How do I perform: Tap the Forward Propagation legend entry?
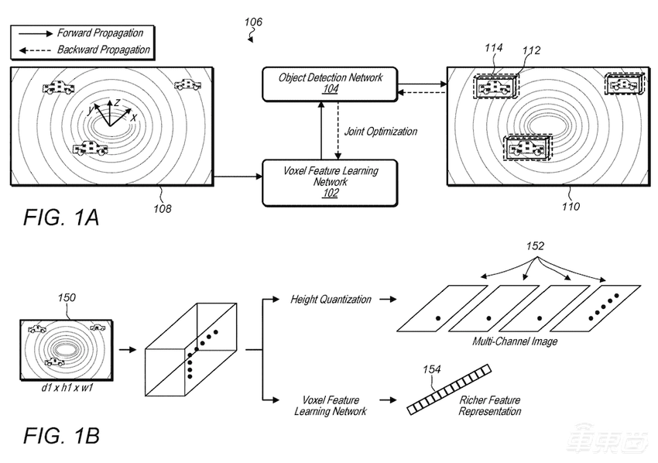pos(81,33)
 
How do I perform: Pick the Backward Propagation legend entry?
pos(81,50)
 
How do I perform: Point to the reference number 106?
pos(253,22)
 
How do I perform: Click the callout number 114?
pos(493,48)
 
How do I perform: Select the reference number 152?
pos(534,246)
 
